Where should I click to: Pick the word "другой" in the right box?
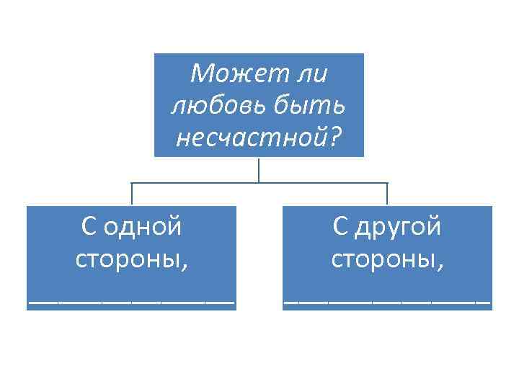398,227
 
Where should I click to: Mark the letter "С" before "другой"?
340,227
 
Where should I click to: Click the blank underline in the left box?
131,300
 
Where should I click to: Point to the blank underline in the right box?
387,300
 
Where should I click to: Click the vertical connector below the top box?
259,169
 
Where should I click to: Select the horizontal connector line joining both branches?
216,183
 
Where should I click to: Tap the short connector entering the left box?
131,194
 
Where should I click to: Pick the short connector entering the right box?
387,194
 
